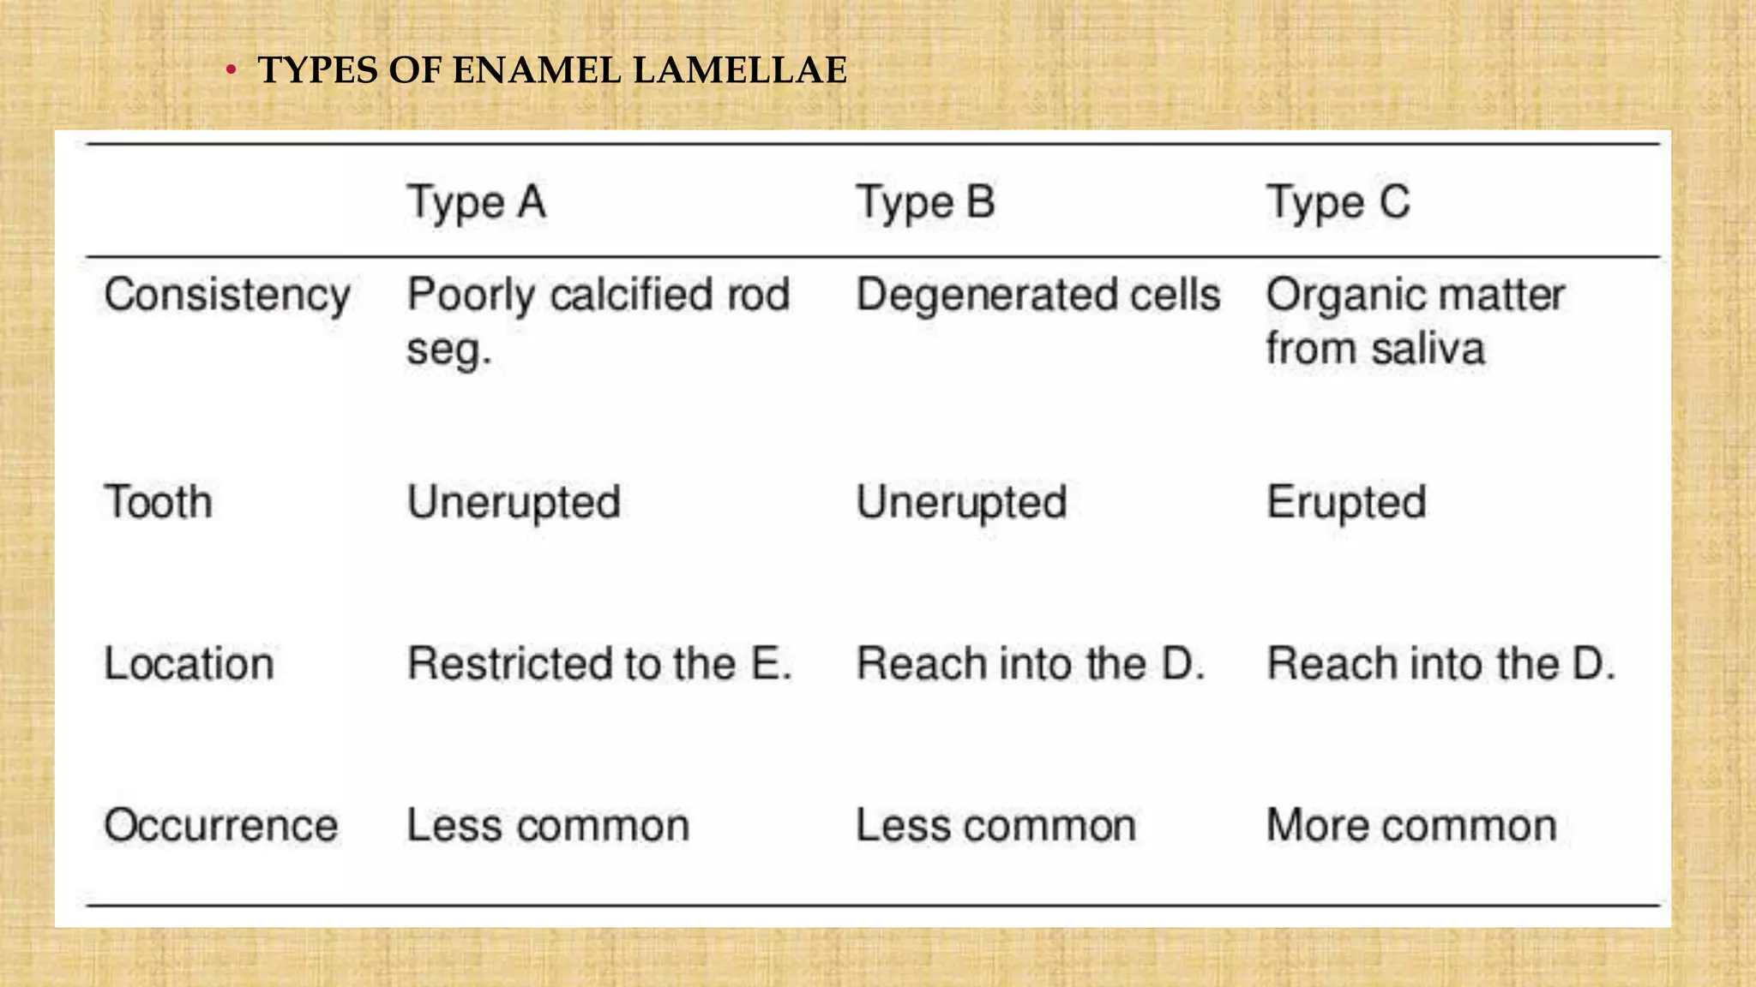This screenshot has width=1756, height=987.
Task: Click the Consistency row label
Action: [x=227, y=296]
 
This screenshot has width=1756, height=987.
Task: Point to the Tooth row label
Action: [x=159, y=502]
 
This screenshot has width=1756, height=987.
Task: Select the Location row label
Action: [x=189, y=664]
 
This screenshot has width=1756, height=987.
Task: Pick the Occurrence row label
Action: [x=221, y=826]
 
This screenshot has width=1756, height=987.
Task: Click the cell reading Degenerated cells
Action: [x=1038, y=296]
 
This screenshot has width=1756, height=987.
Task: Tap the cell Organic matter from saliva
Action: [x=1416, y=321]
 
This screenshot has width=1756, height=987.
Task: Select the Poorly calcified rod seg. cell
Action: [x=598, y=321]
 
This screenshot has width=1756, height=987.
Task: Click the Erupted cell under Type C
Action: [x=1347, y=502]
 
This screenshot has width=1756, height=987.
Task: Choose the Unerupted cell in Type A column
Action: [x=514, y=502]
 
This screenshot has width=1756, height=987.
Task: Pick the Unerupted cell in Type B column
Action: [x=962, y=502]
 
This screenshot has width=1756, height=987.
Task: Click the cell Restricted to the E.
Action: [x=599, y=664]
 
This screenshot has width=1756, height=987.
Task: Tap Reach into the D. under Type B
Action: [x=1031, y=664]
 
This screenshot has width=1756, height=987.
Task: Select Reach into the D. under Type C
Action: [x=1441, y=664]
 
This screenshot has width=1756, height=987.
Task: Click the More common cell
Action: [x=1412, y=826]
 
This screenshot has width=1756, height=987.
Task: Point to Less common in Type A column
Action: [x=548, y=826]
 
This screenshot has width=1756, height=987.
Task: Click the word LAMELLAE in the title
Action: [x=740, y=70]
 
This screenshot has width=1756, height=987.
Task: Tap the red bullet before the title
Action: [x=230, y=70]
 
